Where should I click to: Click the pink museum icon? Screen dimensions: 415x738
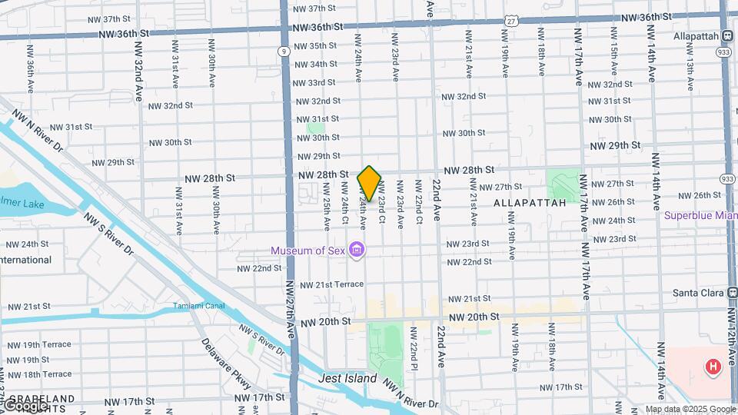[x=356, y=251]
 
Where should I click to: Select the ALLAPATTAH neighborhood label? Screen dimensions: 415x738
[x=530, y=202]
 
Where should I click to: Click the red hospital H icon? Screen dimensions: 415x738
[x=713, y=367]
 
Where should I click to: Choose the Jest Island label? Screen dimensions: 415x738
[x=347, y=379]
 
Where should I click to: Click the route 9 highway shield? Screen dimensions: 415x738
[x=284, y=51]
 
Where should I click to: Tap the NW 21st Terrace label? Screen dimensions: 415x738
[x=331, y=284]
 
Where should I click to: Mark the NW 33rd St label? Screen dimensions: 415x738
[x=315, y=82]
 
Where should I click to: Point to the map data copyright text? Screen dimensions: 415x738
[x=690, y=410]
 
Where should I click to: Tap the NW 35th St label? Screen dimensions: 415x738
[x=316, y=46]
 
